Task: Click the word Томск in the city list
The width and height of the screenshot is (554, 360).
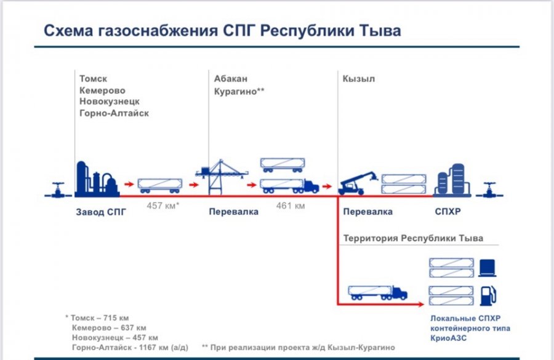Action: pyautogui.click(x=93, y=78)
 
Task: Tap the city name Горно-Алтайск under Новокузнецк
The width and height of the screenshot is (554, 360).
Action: pyautogui.click(x=114, y=113)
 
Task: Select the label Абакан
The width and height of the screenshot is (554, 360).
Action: pyautogui.click(x=231, y=78)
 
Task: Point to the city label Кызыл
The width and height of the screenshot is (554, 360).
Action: pyautogui.click(x=359, y=78)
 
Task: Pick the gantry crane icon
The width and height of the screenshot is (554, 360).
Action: pyautogui.click(x=222, y=177)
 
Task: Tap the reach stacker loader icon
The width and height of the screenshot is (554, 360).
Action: pyautogui.click(x=358, y=183)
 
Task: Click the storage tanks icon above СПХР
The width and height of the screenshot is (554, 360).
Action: pyautogui.click(x=452, y=180)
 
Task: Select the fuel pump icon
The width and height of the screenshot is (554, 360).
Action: pyautogui.click(x=488, y=296)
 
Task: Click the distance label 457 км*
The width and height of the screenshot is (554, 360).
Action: pyautogui.click(x=163, y=206)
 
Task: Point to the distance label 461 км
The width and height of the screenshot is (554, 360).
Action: pyautogui.click(x=291, y=206)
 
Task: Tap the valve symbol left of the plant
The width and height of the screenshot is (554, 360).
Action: pyautogui.click(x=58, y=190)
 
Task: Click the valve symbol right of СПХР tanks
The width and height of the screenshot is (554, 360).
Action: pyautogui.click(x=489, y=190)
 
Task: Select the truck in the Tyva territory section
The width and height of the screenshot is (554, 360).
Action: pyautogui.click(x=378, y=293)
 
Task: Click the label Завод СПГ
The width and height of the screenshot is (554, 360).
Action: pyautogui.click(x=101, y=212)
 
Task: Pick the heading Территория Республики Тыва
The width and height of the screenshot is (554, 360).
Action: pyautogui.click(x=413, y=238)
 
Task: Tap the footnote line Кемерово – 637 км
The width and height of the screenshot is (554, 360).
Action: pyautogui.click(x=109, y=328)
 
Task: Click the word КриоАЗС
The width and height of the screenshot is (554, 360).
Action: pyautogui.click(x=448, y=338)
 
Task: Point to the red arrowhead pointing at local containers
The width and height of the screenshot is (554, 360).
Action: pyautogui.click(x=420, y=304)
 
